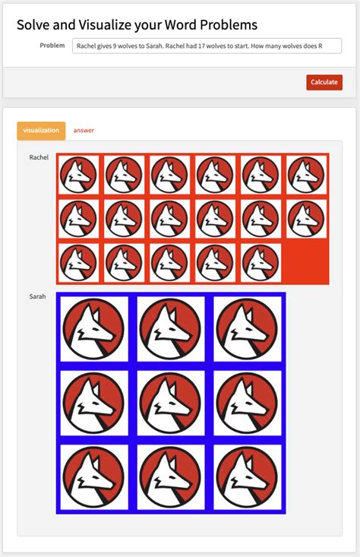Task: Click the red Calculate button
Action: click(324, 82)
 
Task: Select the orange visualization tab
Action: click(41, 131)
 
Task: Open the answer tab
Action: click(84, 131)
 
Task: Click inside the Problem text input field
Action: click(207, 46)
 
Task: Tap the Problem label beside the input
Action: click(52, 46)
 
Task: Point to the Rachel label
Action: click(39, 157)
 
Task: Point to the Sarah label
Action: click(37, 296)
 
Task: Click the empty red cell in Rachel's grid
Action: click(306, 263)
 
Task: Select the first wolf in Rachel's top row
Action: click(78, 175)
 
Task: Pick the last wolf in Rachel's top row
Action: click(306, 175)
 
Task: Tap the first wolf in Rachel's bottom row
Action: click(78, 263)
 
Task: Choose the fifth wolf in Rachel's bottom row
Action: click(261, 263)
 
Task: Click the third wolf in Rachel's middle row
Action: click(169, 219)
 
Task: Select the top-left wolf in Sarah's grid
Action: click(93, 329)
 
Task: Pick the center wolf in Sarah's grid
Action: click(171, 403)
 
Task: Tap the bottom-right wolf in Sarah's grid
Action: click(248, 476)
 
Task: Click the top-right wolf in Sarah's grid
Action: click(248, 329)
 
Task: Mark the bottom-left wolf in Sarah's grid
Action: click(93, 476)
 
